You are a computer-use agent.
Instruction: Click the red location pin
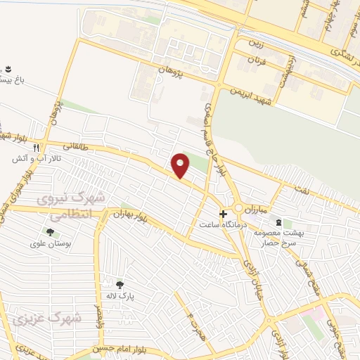pyautogui.click(x=181, y=165)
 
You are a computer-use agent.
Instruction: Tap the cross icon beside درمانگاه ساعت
pyautogui.click(x=223, y=214)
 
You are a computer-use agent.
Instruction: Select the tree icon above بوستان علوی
pyautogui.click(x=50, y=231)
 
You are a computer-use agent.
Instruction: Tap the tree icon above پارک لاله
pyautogui.click(x=120, y=284)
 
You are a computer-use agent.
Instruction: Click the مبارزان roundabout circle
pyautogui.click(x=239, y=208)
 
